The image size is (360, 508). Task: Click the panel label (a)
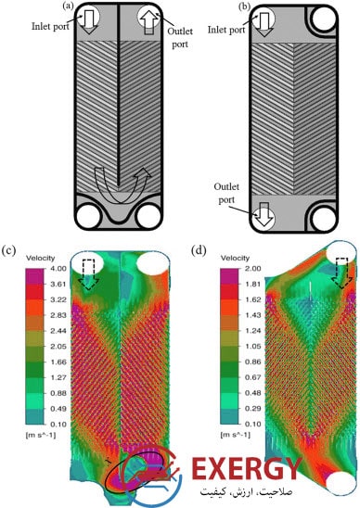pyautogui.click(x=68, y=6)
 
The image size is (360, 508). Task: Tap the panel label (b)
pyautogui.click(x=244, y=6)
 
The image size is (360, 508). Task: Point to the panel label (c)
pyautogui.click(x=8, y=250)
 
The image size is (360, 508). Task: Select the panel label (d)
pyautogui.click(x=199, y=250)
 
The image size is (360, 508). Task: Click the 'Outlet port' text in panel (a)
pyautogui.click(x=180, y=37)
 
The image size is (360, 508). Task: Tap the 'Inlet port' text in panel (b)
pyautogui.click(x=226, y=30)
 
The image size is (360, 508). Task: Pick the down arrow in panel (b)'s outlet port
pyautogui.click(x=264, y=214)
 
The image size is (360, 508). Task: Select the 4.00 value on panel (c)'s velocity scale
pyautogui.click(x=58, y=268)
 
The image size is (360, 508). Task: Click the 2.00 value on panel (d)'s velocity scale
pyautogui.click(x=253, y=268)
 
